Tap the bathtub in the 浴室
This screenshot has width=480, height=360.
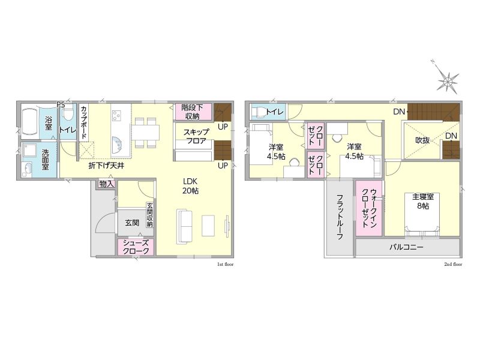(x=31, y=121)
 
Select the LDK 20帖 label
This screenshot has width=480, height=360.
(x=190, y=186)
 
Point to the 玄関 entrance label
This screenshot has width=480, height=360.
(x=132, y=223)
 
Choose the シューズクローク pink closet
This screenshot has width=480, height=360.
(x=136, y=247)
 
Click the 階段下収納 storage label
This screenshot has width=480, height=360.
(x=192, y=112)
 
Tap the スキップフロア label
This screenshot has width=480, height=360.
(x=196, y=137)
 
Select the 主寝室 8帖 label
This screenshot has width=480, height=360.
(x=423, y=201)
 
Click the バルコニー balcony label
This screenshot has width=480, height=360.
(x=406, y=247)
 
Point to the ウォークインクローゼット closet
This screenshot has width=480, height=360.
(x=369, y=208)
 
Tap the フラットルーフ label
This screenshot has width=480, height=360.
(x=340, y=217)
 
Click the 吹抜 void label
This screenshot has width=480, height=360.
(x=422, y=140)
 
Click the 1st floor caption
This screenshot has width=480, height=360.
(x=226, y=264)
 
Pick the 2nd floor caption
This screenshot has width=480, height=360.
(x=454, y=264)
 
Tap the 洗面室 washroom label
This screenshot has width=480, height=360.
(x=46, y=160)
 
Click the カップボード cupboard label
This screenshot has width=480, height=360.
(x=84, y=122)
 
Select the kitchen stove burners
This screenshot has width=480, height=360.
(x=116, y=116)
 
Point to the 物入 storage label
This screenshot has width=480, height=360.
(x=107, y=184)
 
